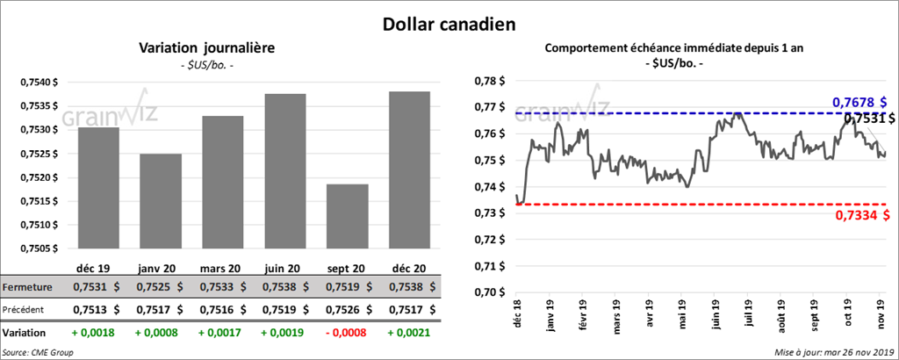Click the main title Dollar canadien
(449, 25)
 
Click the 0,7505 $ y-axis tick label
(39, 248)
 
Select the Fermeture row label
(27, 287)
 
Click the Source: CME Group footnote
(39, 352)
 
